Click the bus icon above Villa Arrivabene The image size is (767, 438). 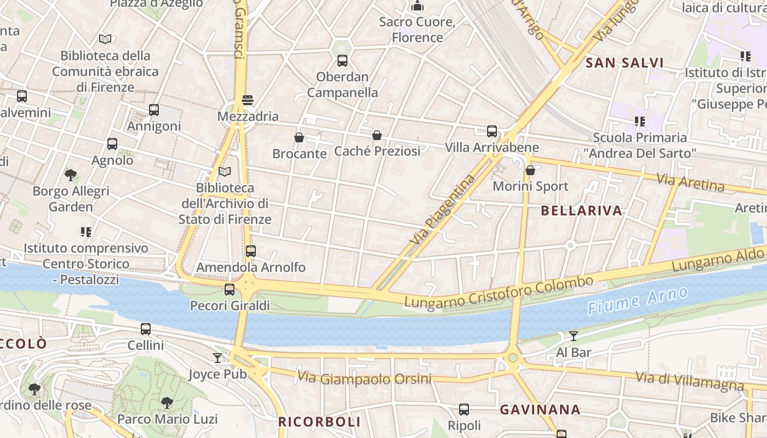pos(492,131)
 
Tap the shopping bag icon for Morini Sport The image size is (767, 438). pos(530,170)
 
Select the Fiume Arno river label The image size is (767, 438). pos(638,300)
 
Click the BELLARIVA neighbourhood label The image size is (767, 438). pos(581,211)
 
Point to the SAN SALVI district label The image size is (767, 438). pos(625,63)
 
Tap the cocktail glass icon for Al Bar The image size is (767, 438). pos(574,336)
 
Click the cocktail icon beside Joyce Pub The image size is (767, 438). pos(217,358)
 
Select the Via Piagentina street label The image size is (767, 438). pos(442,209)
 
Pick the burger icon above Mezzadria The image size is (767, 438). pos(248,100)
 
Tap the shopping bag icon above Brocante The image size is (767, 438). pos(299,137)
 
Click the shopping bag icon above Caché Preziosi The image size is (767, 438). pos(377,135)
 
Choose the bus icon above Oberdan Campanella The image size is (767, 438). pos(342,61)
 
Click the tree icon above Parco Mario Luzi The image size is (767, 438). pos(167,403)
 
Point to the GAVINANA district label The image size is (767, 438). pos(540,410)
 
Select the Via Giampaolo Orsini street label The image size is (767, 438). pos(364,378)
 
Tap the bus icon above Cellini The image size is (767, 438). pos(146,329)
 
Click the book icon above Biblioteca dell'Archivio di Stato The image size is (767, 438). pos(225,172)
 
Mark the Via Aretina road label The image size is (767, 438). pos(690,182)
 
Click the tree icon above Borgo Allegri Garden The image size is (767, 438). pos(71,175)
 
